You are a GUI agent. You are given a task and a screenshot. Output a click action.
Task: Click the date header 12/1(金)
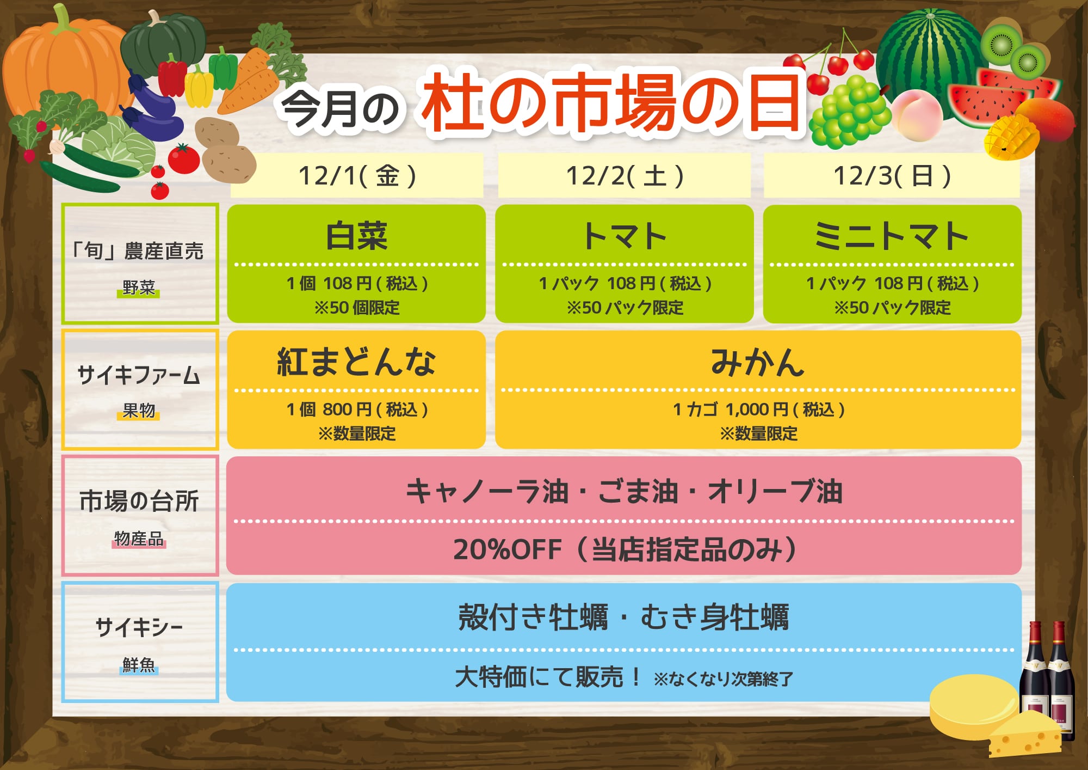357,176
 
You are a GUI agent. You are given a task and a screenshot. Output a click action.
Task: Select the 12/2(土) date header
625,176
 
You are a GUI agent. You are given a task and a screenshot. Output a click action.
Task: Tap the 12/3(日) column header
892,176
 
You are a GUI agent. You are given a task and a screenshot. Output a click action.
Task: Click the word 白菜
357,236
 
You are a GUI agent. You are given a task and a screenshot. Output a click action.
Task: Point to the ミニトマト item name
892,236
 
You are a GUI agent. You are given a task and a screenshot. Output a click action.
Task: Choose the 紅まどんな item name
357,362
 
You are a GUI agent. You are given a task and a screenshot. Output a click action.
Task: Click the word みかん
758,362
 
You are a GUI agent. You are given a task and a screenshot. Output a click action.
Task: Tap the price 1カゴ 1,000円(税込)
758,409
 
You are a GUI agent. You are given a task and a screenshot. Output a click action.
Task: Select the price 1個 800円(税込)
357,409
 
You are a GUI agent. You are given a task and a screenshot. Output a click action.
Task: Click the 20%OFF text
508,549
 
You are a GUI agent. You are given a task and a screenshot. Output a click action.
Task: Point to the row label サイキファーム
139,375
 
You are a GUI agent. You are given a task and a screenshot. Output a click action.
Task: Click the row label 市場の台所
139,501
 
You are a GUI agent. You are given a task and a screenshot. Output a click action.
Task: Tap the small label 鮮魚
139,665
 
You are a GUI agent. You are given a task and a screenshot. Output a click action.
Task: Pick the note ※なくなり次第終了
724,679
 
